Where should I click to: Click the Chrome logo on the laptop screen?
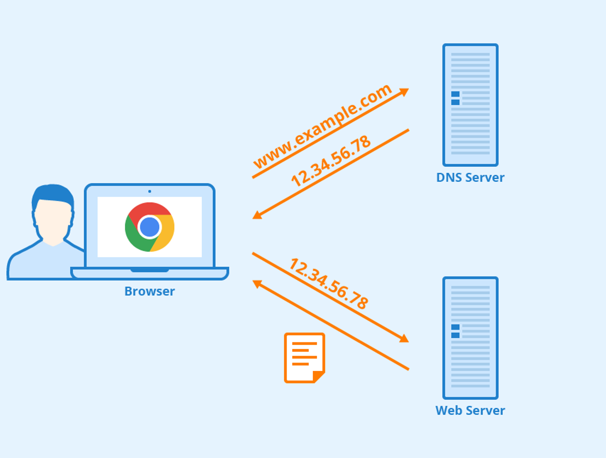coord(150,227)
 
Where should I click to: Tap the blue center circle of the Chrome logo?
coord(150,227)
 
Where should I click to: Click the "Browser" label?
coord(149,291)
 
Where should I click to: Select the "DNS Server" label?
coord(470,178)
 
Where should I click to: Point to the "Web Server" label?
coord(470,410)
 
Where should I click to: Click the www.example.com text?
coord(322,126)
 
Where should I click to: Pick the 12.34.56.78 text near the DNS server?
coord(331,161)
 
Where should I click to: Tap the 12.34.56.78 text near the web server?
coord(329,284)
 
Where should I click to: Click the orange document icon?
coord(304,358)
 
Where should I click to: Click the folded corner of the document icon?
coord(319,377)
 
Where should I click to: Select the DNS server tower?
coord(470,105)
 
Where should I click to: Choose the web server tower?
coord(470,338)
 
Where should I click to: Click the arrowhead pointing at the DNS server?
coord(404,92)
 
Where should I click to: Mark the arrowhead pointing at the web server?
coord(404,338)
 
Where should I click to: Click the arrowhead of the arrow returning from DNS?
coord(257,215)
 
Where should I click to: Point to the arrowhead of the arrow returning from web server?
coord(257,284)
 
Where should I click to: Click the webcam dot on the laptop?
coord(150,191)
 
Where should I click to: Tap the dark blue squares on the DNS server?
coord(455,98)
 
